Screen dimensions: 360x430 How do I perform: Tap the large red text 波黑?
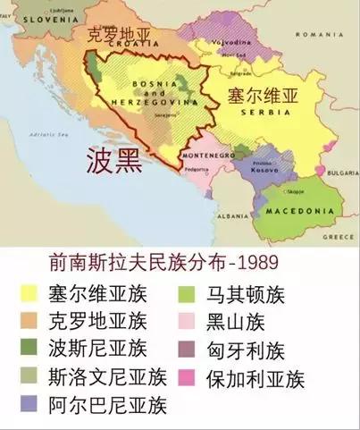113,159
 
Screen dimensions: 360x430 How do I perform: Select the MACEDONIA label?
291,211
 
